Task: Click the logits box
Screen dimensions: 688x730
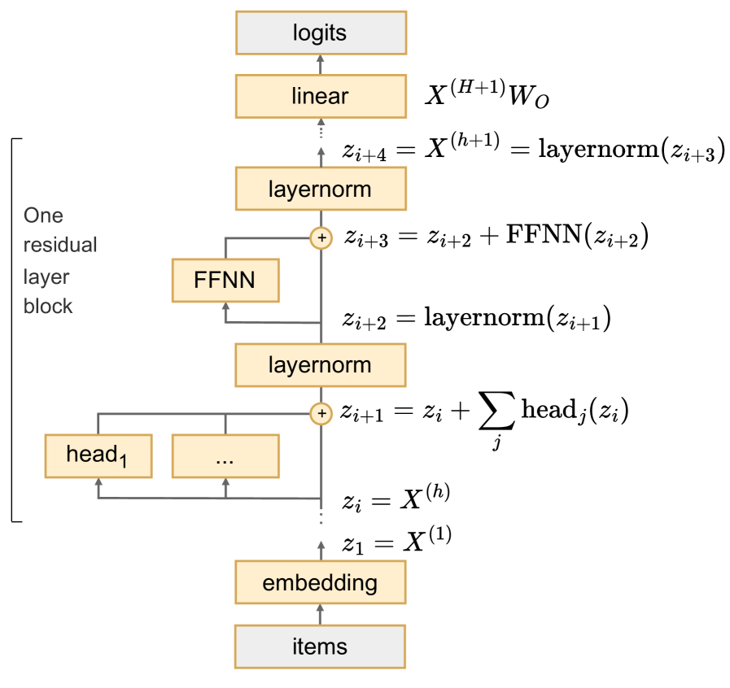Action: (320, 33)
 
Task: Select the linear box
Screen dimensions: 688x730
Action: (320, 96)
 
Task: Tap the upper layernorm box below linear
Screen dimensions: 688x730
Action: (320, 189)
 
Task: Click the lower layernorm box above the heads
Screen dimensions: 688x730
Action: (320, 365)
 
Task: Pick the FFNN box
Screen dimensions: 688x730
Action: (225, 281)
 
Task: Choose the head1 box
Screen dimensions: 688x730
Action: (98, 455)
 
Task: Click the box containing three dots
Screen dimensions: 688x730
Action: (225, 455)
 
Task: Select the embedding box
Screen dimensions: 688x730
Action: (320, 583)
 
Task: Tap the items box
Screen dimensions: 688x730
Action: (320, 647)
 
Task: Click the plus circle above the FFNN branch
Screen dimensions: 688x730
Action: (321, 238)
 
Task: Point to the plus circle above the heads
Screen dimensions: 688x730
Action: (321, 414)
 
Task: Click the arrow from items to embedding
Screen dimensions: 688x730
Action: (321, 615)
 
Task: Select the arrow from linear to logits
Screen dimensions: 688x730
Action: (321, 65)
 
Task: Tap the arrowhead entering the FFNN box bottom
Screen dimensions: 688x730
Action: (225, 308)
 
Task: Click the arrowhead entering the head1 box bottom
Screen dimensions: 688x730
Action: (98, 483)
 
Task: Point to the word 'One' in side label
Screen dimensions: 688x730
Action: (43, 216)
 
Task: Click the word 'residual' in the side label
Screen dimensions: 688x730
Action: (60, 245)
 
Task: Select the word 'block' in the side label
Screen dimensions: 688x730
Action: (48, 307)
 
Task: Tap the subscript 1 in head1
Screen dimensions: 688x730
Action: (124, 463)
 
